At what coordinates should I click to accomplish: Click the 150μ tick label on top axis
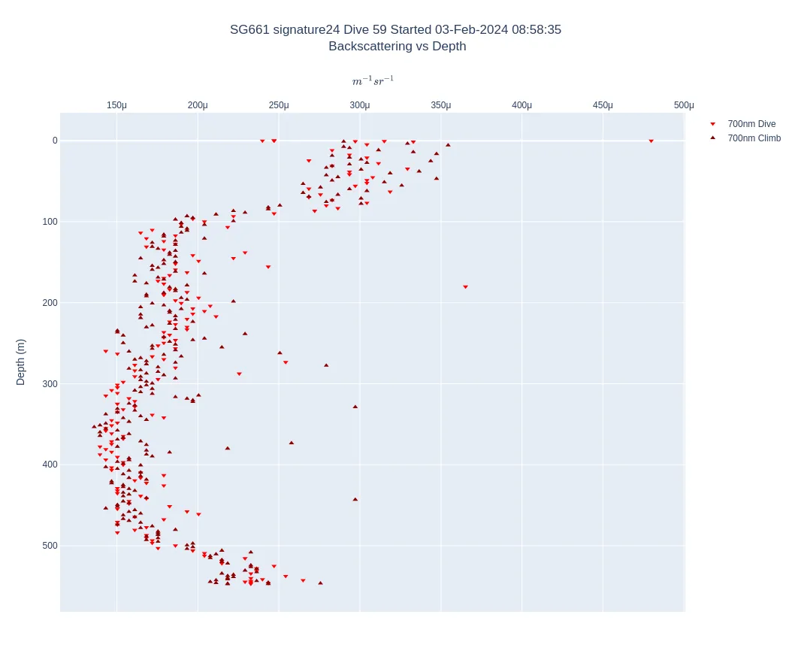pyautogui.click(x=116, y=105)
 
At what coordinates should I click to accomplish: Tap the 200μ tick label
pyautogui.click(x=198, y=105)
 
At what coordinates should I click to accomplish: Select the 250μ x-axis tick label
pyautogui.click(x=279, y=105)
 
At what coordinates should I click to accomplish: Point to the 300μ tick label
pyautogui.click(x=360, y=105)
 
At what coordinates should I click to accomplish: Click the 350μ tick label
pyautogui.click(x=441, y=105)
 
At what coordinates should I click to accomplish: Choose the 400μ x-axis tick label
pyautogui.click(x=522, y=105)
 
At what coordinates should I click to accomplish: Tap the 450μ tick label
pyautogui.click(x=603, y=105)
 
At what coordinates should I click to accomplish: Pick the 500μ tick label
pyautogui.click(x=684, y=105)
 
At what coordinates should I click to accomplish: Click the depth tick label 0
pyautogui.click(x=55, y=141)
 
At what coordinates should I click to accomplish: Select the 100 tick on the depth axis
pyautogui.click(x=50, y=222)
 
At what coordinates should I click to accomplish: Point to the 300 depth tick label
pyautogui.click(x=50, y=384)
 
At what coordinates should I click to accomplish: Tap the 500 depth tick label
pyautogui.click(x=50, y=546)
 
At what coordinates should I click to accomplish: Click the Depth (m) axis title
pyautogui.click(x=20, y=362)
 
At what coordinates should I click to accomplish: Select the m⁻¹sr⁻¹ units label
pyautogui.click(x=373, y=81)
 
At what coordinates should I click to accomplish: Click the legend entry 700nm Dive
pyautogui.click(x=751, y=124)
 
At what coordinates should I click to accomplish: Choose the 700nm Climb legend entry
pyautogui.click(x=754, y=138)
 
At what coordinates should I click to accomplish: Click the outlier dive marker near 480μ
pyautogui.click(x=651, y=141)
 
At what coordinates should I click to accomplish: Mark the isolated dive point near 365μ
pyautogui.click(x=465, y=287)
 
